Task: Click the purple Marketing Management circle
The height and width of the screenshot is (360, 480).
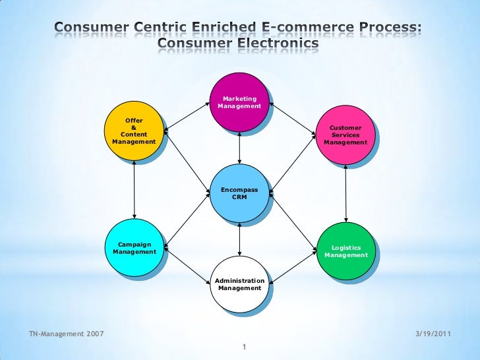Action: tap(240, 102)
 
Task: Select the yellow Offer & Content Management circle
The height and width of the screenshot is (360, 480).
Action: tap(134, 131)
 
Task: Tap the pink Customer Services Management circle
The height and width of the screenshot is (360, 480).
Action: tap(345, 135)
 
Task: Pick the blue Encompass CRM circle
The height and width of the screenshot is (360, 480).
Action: tap(240, 193)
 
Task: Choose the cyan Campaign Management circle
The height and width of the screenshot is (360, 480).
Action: tap(135, 247)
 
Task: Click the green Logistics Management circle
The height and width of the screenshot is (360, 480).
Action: tap(345, 251)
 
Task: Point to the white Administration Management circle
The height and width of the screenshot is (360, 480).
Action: tap(240, 284)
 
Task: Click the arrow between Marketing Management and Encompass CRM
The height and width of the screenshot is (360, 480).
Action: tap(240, 148)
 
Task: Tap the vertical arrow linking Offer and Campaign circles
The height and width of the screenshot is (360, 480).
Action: tap(135, 189)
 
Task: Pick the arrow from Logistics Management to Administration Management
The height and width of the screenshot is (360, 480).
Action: tap(294, 266)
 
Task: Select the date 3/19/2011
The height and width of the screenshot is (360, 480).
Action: tap(433, 334)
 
